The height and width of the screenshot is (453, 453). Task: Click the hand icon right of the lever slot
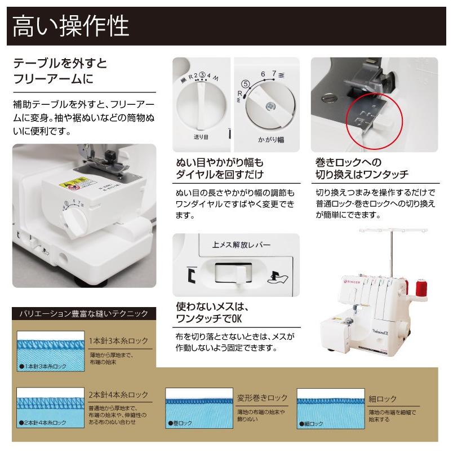[x=278, y=276]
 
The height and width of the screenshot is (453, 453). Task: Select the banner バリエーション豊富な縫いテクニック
[x=84, y=313]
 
